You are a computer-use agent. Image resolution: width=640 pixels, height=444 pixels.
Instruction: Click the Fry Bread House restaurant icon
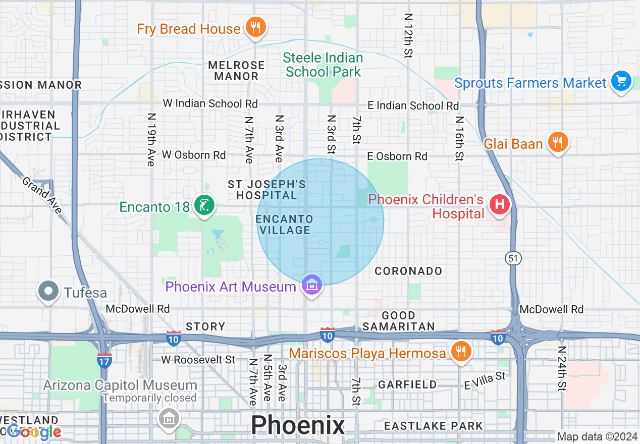click(x=256, y=27)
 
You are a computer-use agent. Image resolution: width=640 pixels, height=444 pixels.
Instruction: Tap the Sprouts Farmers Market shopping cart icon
click(x=620, y=81)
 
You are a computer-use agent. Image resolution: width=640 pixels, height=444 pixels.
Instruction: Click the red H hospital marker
click(x=500, y=205)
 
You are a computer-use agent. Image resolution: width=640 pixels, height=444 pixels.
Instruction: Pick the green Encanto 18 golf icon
click(x=204, y=206)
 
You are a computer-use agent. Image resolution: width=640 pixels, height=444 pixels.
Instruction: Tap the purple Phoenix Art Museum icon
click(x=312, y=286)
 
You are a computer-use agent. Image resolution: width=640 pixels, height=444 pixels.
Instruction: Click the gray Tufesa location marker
click(x=49, y=291)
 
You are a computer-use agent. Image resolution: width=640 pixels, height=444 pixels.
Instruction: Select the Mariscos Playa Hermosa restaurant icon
click(x=460, y=351)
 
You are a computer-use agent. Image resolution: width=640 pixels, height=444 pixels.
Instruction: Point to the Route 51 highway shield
click(x=513, y=258)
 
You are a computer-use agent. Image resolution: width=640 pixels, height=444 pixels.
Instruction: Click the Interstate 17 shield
click(x=104, y=360)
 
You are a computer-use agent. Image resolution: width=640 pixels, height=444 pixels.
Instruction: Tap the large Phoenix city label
click(x=298, y=425)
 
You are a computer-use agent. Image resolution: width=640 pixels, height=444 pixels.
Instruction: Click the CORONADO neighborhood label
click(x=408, y=271)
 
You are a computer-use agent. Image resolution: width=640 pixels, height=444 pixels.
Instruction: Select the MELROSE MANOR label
click(x=236, y=71)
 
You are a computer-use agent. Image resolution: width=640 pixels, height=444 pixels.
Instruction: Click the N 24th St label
click(x=562, y=368)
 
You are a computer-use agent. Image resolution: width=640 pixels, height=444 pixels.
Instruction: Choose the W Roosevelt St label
click(x=198, y=360)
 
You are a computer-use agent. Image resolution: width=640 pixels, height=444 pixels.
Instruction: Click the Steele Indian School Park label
click(x=323, y=65)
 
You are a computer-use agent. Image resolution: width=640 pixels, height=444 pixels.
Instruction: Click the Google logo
click(x=34, y=432)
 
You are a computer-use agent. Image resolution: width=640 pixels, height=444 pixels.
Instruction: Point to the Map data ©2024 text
click(x=597, y=436)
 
